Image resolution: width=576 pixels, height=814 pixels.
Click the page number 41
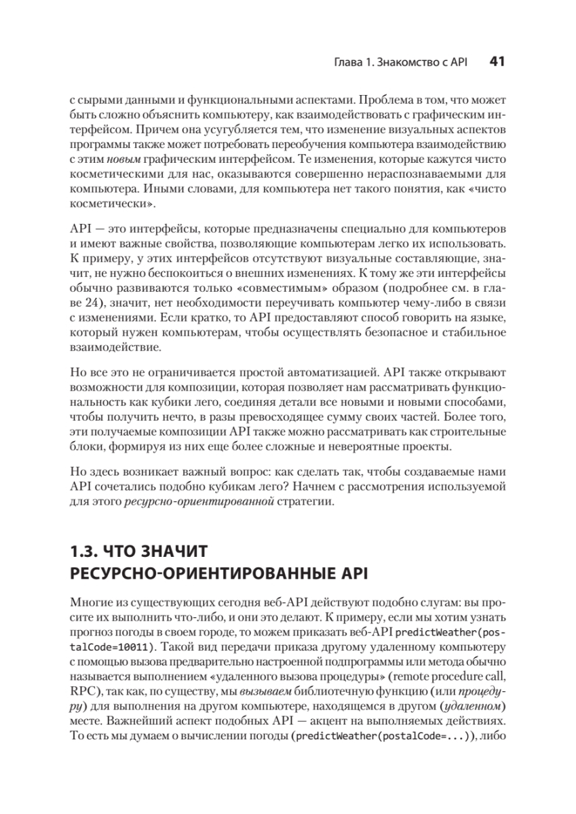pos(496,62)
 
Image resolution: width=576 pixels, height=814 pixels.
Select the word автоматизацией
pos(335,372)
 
